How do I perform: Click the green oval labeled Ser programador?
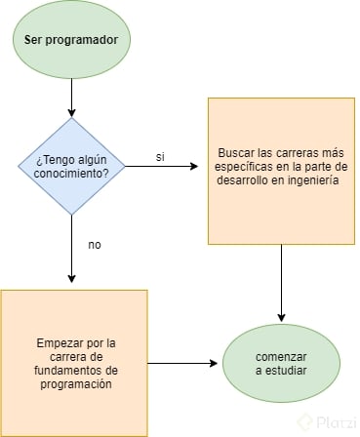click(x=71, y=41)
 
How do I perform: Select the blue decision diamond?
click(x=71, y=166)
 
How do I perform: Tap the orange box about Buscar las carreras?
click(x=280, y=171)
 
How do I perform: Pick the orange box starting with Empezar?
click(x=73, y=362)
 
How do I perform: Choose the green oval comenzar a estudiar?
click(x=282, y=362)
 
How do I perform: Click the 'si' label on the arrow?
click(x=160, y=157)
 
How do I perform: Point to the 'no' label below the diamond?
click(x=95, y=244)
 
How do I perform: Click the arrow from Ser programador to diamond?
click(x=71, y=99)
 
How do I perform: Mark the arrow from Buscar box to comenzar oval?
click(x=282, y=283)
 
